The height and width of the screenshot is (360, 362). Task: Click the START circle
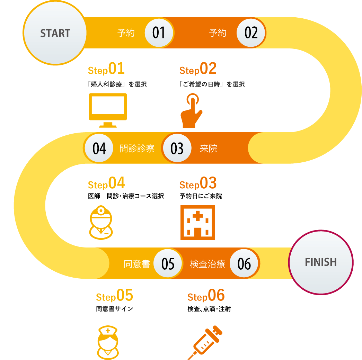click(55, 33)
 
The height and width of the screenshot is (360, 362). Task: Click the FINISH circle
click(321, 262)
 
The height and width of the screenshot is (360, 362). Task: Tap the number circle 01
click(159, 33)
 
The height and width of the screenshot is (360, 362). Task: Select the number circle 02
click(251, 33)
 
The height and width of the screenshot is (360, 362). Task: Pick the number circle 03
click(177, 148)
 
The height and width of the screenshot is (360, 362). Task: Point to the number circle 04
click(99, 148)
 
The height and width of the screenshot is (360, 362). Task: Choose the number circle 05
click(168, 264)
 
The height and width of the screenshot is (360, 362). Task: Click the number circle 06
click(244, 264)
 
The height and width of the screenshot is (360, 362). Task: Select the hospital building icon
click(197, 223)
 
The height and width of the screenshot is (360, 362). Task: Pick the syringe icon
click(205, 342)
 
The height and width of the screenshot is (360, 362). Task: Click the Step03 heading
click(198, 184)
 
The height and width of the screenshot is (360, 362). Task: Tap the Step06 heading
click(206, 296)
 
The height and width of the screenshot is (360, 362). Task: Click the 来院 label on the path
click(209, 149)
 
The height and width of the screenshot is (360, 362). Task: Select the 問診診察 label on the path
click(137, 149)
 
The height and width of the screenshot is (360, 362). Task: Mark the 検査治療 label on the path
click(208, 264)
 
